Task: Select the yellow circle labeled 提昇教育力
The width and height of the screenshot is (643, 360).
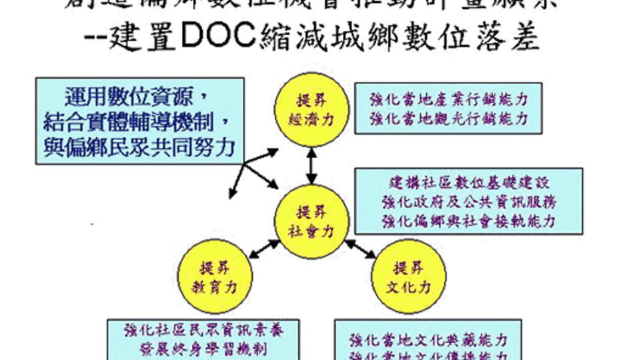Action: [x=215, y=277]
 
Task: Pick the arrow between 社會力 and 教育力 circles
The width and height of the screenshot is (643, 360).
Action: [x=264, y=248]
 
